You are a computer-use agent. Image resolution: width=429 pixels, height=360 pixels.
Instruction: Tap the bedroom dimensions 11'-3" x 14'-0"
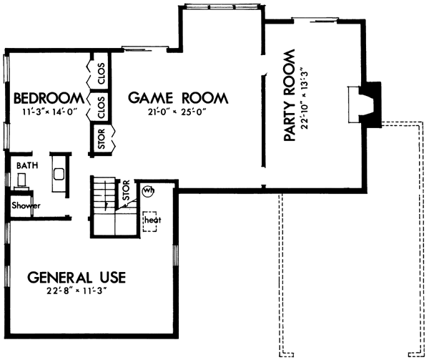(44, 112)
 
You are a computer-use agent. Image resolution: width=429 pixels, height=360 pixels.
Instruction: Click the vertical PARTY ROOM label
(290, 97)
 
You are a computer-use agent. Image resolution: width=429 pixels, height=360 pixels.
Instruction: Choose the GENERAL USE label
(77, 277)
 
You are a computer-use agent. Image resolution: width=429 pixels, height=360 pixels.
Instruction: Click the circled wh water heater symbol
(148, 190)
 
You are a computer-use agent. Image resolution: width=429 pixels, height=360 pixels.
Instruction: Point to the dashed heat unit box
(150, 220)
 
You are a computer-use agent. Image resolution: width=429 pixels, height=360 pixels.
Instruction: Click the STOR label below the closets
(102, 140)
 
